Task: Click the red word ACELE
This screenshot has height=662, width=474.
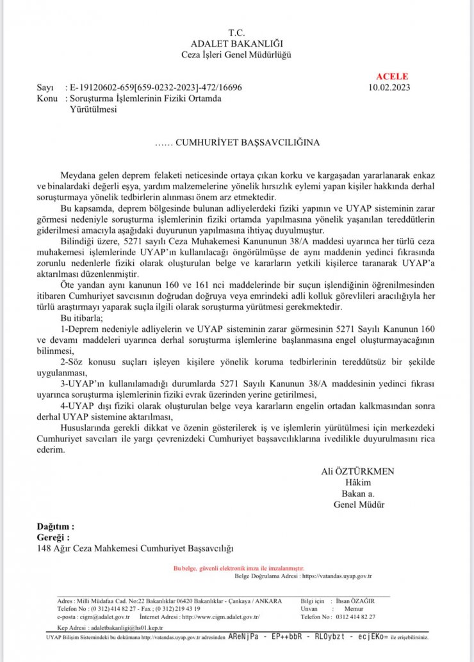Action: tap(392, 77)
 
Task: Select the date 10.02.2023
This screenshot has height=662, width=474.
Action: tap(390, 87)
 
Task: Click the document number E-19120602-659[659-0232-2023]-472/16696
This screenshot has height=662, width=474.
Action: tap(156, 88)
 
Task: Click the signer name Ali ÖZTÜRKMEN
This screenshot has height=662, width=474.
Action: tap(357, 471)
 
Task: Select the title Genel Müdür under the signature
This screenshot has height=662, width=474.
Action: tap(359, 504)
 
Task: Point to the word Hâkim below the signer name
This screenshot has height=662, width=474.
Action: tap(358, 482)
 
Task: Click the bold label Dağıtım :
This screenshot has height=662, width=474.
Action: tap(55, 526)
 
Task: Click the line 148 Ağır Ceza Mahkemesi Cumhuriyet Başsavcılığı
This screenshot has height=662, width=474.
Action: tap(136, 548)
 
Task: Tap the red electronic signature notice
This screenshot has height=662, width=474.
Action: tap(239, 567)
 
